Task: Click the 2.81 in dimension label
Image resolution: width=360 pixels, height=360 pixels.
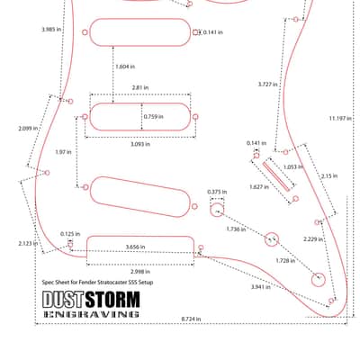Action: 140,88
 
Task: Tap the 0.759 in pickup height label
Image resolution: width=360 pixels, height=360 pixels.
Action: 153,116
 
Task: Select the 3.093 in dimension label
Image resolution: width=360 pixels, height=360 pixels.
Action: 140,144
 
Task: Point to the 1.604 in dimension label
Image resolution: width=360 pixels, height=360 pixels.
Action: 125,67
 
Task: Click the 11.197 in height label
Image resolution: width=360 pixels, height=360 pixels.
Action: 340,119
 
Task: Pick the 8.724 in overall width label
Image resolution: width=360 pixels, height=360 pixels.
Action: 191,319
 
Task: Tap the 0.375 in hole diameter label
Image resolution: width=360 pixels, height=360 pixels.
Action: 217,192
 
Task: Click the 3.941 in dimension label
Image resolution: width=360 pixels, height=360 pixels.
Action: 261,287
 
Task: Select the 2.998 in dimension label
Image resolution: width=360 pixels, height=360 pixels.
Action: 140,272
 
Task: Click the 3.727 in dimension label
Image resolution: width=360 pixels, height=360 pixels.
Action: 268,85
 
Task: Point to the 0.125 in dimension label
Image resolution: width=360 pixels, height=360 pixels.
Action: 70,234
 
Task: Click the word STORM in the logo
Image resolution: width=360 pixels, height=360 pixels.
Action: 112,300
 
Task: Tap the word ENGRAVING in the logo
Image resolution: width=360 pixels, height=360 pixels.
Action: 91,314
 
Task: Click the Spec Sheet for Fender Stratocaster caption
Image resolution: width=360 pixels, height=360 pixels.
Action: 98,283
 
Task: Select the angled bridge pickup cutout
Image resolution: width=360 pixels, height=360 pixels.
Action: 140,197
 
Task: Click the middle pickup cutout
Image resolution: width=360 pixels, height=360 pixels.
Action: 140,117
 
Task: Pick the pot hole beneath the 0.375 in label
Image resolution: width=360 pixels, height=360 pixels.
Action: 217,210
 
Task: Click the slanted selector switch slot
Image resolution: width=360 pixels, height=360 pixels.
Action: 276,176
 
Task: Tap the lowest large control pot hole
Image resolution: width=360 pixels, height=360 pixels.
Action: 319,280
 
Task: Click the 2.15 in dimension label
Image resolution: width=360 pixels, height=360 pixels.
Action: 329,176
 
